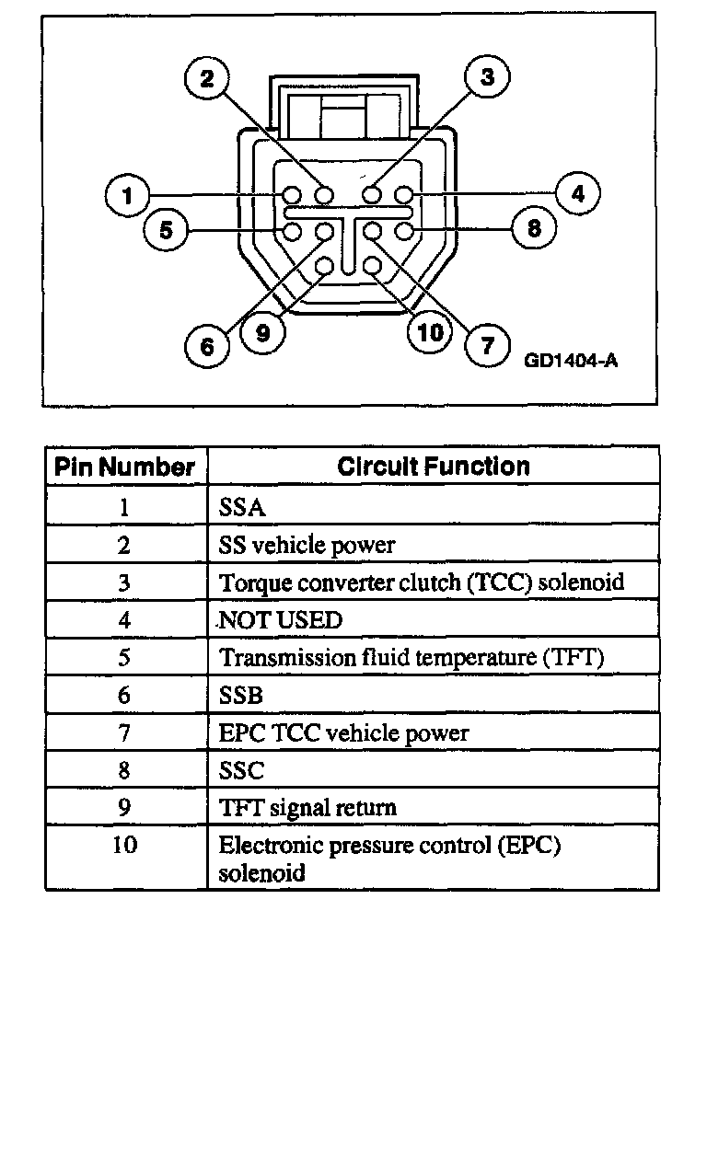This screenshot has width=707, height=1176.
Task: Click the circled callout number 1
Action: pos(128,195)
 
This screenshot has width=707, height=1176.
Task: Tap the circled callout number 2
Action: pos(207,77)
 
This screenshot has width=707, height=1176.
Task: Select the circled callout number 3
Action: pos(486,77)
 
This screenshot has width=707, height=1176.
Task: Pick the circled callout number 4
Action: pos(577,194)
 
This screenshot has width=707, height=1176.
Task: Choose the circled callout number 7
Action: pos(487,345)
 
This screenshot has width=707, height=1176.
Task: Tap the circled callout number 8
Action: pos(534,227)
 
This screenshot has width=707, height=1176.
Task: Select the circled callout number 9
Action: pos(262,333)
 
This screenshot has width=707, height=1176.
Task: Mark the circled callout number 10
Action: pos(430,332)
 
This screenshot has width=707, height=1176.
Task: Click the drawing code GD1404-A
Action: pos(571,361)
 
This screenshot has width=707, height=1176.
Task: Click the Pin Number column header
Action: pos(125,467)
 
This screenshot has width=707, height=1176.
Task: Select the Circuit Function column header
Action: pos(434,467)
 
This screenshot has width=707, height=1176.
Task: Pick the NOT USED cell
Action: pos(280,620)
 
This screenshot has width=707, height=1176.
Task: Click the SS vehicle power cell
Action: pos(307,545)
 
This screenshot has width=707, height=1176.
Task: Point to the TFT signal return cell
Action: pos(307,808)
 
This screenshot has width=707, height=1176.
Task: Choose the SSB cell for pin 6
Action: pos(241,696)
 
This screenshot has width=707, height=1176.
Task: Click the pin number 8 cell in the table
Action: pos(124,771)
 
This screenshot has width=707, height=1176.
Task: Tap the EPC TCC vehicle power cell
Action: pos(343,733)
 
